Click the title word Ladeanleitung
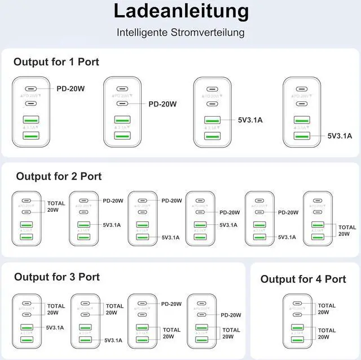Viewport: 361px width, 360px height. (180, 11)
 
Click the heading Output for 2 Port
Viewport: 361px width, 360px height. (59, 176)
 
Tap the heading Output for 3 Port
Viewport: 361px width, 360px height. (57, 277)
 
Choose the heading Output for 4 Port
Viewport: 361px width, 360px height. (303, 279)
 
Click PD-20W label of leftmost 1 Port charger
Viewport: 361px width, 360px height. (71, 88)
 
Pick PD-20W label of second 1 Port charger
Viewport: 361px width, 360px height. (162, 104)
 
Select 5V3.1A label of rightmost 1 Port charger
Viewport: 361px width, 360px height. (340, 135)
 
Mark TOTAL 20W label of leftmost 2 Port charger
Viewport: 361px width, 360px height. (56, 206)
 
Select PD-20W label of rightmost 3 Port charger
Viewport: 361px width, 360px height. (230, 315)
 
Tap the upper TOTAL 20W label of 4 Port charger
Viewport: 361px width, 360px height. (327, 309)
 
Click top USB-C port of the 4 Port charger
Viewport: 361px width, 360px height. (298, 303)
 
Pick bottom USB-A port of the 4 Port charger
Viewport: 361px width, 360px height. (298, 339)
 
